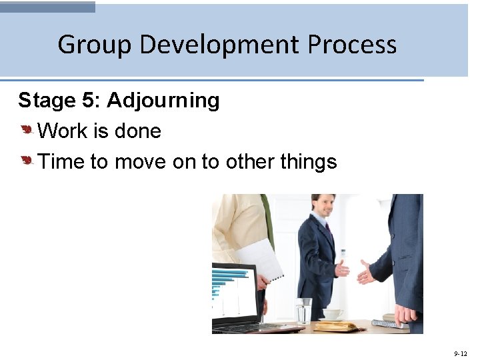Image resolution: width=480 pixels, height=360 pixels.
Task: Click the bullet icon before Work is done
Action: [x=27, y=131]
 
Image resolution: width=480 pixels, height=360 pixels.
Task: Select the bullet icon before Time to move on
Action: [x=27, y=161]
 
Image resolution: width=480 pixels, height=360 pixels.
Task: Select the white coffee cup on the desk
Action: [x=333, y=314]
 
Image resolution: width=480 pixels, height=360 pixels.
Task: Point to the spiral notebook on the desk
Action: [x=390, y=324]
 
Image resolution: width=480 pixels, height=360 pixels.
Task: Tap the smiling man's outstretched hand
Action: [x=342, y=269]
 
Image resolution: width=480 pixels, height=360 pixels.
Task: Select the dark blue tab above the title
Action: [x=47, y=7]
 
